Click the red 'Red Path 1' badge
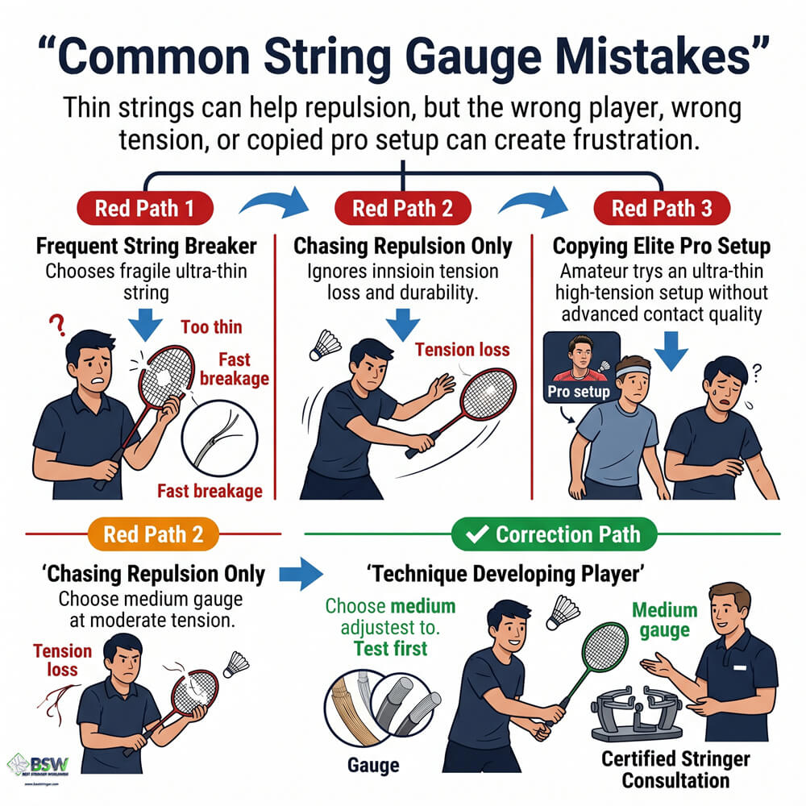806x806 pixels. tap(144, 209)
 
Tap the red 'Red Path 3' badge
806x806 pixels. tap(662, 209)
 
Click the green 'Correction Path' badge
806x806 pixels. tap(555, 534)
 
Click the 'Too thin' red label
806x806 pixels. tap(211, 327)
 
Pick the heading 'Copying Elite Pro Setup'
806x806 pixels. tap(662, 246)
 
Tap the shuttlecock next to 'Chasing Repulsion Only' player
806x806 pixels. tap(323, 345)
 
